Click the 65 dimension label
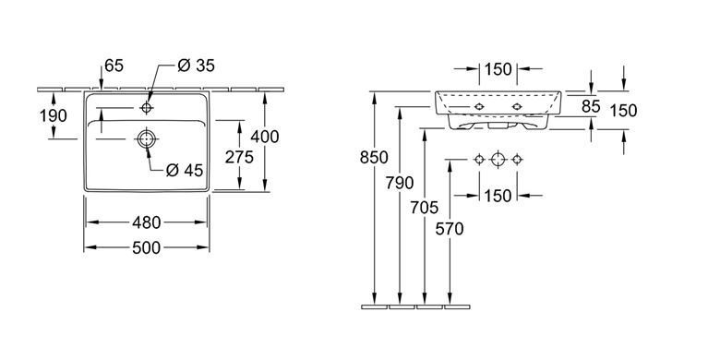pos(114,66)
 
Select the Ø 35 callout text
pos(196,66)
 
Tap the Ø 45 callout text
pos(184,171)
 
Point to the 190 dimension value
pos(54,115)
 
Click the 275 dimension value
pos(239,157)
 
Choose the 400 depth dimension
pos(265,137)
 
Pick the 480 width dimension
pos(147,222)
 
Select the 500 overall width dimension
pos(147,248)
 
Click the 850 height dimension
pos(374,158)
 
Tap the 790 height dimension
pos(400,183)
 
